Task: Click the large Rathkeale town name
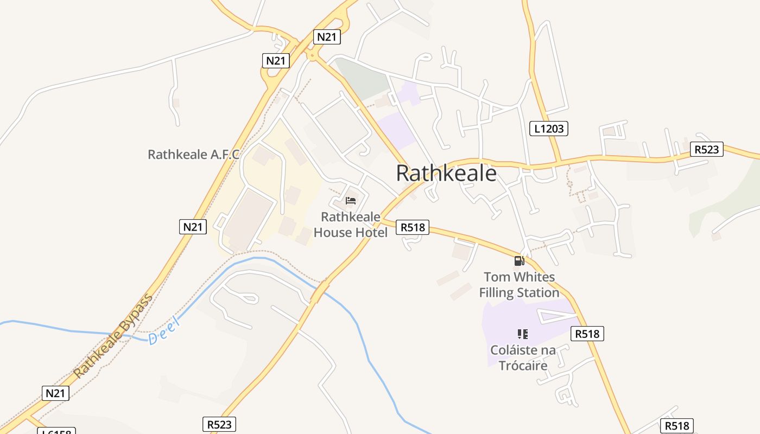[x=446, y=173]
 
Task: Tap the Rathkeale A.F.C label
[x=193, y=155]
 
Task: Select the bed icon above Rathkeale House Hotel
[x=351, y=201]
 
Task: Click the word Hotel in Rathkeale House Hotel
[x=370, y=233]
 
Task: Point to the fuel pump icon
[x=519, y=261]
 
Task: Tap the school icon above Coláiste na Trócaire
[x=523, y=334]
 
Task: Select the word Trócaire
[x=523, y=366]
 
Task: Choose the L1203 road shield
[x=548, y=129]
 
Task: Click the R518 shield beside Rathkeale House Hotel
[x=413, y=227]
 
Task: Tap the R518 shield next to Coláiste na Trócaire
[x=587, y=334]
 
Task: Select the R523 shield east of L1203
[x=706, y=149]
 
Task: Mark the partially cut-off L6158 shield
[x=56, y=431]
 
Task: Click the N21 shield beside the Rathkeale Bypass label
[x=55, y=393]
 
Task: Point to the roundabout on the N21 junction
[x=312, y=54]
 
